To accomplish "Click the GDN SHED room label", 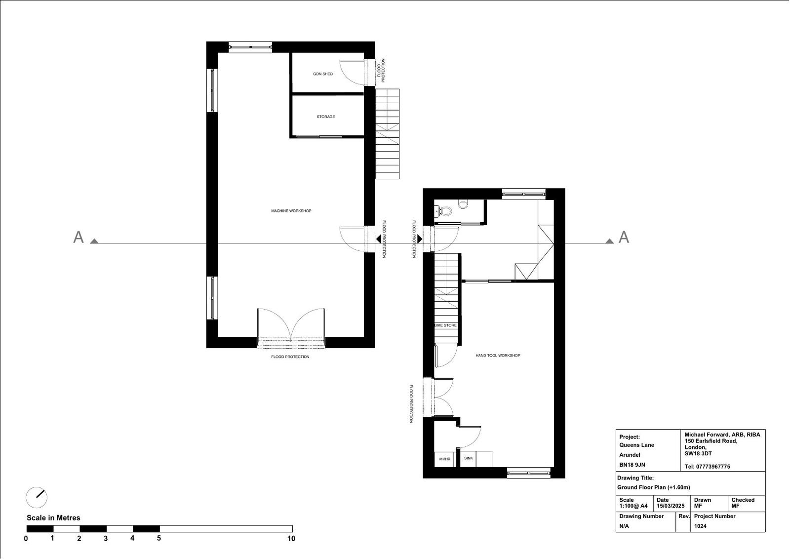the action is click(323, 74).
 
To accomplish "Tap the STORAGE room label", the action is click(325, 117).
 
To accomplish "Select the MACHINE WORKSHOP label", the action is click(291, 211).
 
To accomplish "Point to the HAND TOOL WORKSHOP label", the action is click(498, 356).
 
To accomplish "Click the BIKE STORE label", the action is click(445, 325).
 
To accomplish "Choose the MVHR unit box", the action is click(444, 459).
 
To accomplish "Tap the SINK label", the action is click(469, 458).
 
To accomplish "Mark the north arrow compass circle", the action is click(37, 497).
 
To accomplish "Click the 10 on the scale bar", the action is click(291, 539).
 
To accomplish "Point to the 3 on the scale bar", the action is click(106, 539).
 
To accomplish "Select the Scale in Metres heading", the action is click(53, 518).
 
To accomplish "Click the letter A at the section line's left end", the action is click(79, 238).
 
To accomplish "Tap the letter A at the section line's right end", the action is click(624, 238).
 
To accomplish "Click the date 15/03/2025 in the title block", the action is click(671, 506).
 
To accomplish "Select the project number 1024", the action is click(700, 526).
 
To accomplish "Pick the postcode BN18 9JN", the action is click(632, 465).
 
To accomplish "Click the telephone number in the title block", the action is click(707, 467).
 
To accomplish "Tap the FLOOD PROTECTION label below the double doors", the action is click(290, 357).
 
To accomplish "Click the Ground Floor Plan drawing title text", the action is click(654, 487).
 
